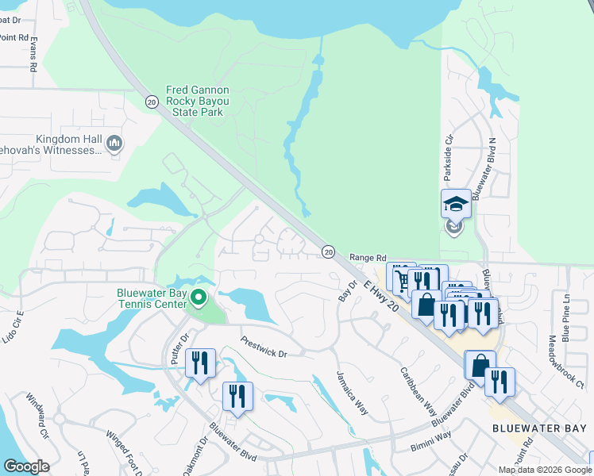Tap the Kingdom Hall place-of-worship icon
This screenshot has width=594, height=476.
coord(115,143)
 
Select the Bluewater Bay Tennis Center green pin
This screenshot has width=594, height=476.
coord(199,299)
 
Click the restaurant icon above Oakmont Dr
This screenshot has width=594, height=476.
coord(237,396)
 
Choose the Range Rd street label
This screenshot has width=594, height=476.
coord(368,258)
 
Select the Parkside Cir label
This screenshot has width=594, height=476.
coord(449,151)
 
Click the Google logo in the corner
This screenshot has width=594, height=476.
coord(26,466)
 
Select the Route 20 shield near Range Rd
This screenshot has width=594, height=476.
coord(328,251)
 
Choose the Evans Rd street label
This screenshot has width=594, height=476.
coord(34,57)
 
